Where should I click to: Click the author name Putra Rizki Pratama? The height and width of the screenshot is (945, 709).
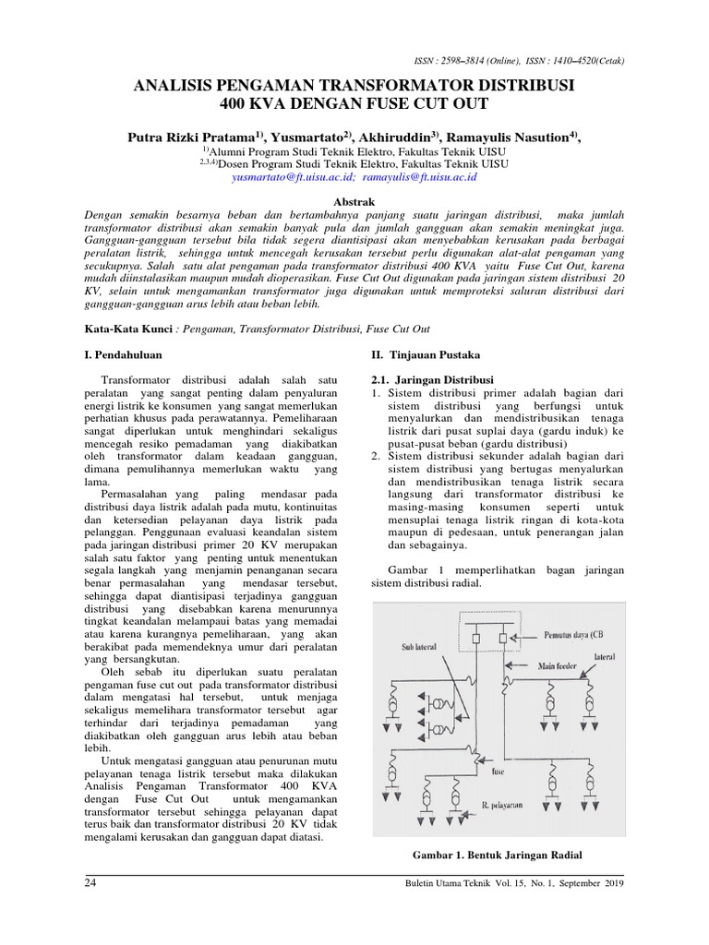[190, 137]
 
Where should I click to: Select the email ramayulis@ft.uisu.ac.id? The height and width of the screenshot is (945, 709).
[420, 174]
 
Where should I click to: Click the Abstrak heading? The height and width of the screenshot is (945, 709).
[354, 200]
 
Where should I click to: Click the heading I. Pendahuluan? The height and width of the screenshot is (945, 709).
[125, 354]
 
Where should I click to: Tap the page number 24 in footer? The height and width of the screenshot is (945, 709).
[90, 883]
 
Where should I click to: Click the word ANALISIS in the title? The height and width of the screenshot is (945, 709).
[174, 85]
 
